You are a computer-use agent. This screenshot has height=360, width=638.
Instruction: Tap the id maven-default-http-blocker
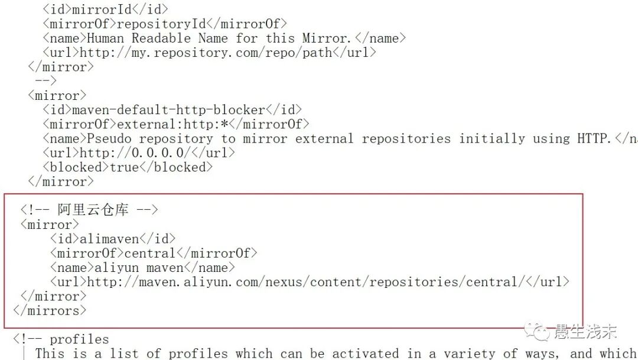pyautogui.click(x=168, y=110)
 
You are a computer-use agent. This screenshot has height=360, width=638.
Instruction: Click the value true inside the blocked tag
pyautogui.click(x=124, y=167)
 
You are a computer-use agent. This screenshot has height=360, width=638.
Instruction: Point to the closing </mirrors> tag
pyautogui.click(x=50, y=310)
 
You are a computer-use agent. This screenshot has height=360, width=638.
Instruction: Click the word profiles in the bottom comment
pyautogui.click(x=79, y=339)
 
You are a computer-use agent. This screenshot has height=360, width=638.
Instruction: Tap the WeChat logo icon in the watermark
pyautogui.click(x=539, y=332)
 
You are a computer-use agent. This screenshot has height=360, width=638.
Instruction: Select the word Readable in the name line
pyautogui.click(x=161, y=38)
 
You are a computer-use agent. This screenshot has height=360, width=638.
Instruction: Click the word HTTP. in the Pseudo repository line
pyautogui.click(x=594, y=139)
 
